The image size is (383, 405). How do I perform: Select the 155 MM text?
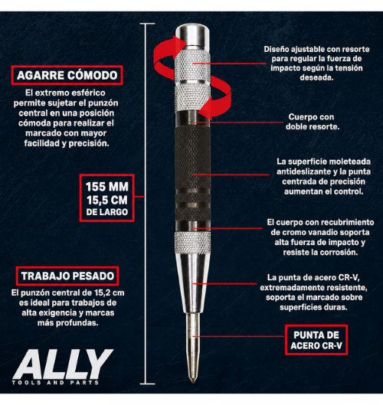[x=107, y=187]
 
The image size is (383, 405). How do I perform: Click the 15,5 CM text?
[x=107, y=200]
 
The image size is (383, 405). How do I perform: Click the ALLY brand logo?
[x=63, y=364]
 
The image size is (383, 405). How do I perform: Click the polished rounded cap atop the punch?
[x=192, y=34]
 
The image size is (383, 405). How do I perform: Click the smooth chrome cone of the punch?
[x=192, y=283]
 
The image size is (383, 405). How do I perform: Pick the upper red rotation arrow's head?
[x=179, y=43]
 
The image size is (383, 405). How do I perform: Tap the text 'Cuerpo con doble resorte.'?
[x=312, y=122]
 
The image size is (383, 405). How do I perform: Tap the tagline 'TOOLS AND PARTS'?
[x=55, y=383]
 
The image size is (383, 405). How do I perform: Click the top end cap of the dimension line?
[x=147, y=24]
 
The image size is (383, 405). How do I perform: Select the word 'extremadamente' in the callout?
[x=293, y=287]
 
